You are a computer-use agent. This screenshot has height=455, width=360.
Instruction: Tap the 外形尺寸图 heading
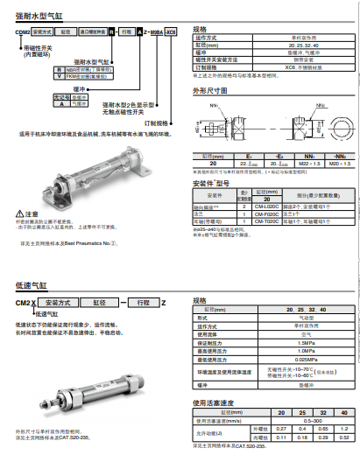(210, 89)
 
